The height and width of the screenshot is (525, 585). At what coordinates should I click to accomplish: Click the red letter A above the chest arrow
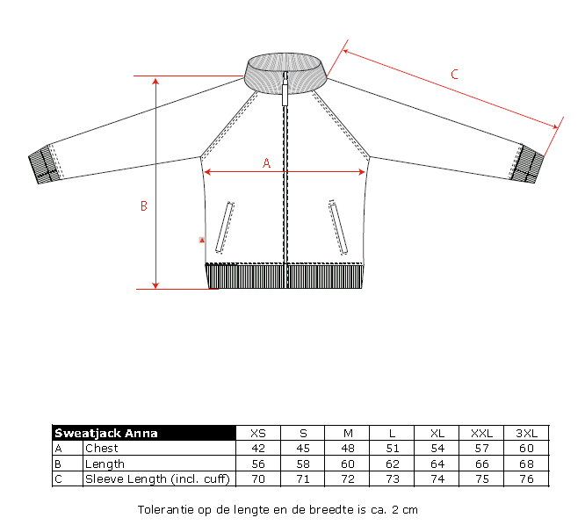[266, 163]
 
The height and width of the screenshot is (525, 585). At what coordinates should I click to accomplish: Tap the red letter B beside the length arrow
[144, 206]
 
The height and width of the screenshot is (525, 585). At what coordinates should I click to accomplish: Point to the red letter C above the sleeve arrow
[454, 75]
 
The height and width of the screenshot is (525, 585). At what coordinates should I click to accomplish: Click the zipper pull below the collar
[285, 90]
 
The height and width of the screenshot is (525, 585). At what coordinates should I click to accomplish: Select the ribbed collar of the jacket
[285, 73]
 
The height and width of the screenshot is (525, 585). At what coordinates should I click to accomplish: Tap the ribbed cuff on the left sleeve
[43, 164]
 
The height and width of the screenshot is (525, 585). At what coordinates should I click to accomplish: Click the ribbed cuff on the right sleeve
[526, 164]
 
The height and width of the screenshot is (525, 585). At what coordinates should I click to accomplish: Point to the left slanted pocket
[225, 227]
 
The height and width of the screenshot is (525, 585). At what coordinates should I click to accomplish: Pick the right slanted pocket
[338, 227]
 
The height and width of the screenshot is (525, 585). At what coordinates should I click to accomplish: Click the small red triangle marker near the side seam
[202, 241]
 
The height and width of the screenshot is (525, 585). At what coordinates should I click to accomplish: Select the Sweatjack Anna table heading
[106, 434]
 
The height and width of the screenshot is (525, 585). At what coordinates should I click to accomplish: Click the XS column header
[258, 434]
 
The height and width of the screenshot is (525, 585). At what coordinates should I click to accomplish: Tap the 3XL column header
[526, 434]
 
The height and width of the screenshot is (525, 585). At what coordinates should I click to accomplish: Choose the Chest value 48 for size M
[348, 449]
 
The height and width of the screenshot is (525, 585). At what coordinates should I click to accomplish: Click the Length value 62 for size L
[392, 464]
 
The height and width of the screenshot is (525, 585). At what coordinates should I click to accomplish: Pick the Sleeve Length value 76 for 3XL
[526, 478]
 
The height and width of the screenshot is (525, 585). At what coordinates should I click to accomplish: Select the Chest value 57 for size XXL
[481, 449]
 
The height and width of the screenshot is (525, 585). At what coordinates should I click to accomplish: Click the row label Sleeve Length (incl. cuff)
[157, 478]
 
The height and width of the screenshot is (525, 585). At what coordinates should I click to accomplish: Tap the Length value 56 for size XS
[258, 464]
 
